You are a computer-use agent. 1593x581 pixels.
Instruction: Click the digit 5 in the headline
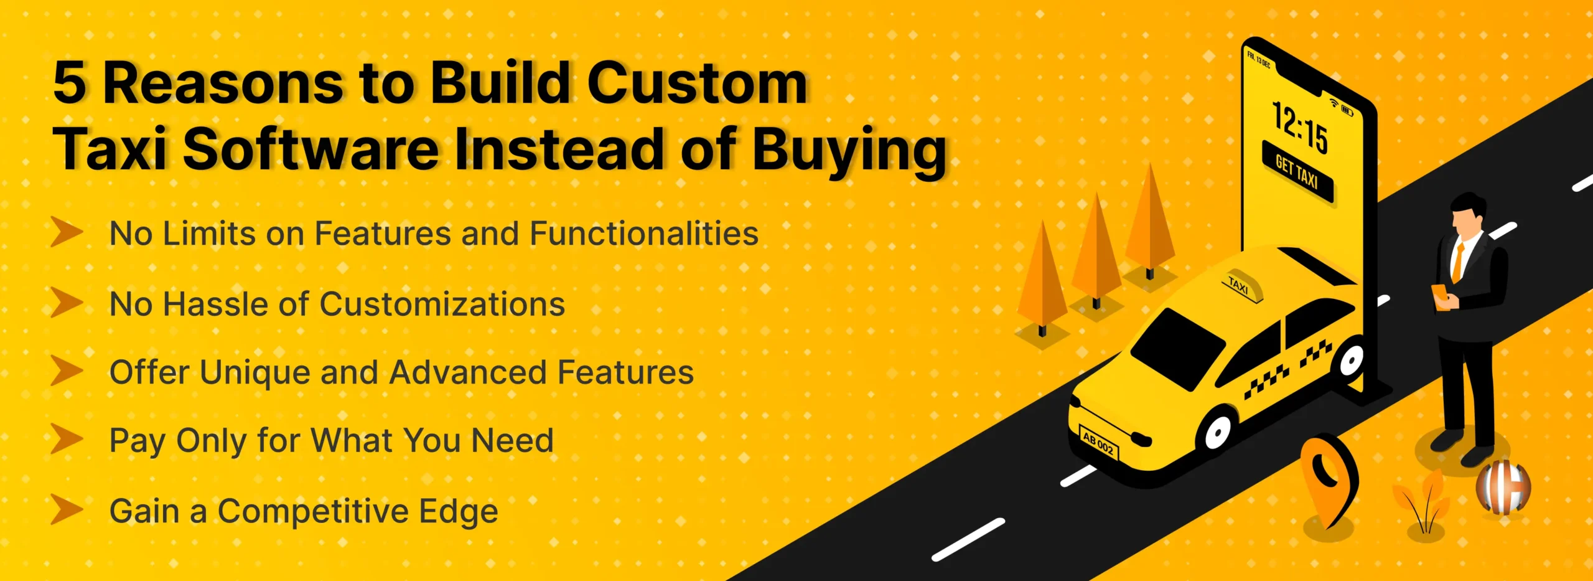coord(69,83)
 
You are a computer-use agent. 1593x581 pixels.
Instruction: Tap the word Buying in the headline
coord(849,150)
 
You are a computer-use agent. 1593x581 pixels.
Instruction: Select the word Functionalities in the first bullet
coord(644,234)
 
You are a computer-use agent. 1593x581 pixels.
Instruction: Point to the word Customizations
coord(442,304)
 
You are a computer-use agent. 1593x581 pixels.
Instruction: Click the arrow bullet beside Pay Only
coord(67,439)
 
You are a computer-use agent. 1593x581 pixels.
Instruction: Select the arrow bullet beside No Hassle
coord(67,302)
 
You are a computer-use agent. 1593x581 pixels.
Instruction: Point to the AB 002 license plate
coord(1099,445)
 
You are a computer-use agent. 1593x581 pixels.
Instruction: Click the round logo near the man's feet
coord(1503,487)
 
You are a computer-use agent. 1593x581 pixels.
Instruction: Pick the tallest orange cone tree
coord(1150,218)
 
